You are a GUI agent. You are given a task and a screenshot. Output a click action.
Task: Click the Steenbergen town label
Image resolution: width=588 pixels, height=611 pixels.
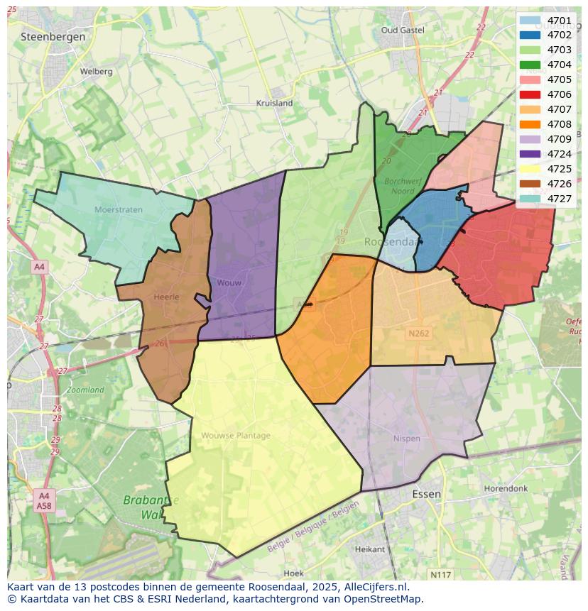click(x=53, y=36)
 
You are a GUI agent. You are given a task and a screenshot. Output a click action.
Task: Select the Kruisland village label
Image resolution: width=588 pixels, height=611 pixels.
click(x=274, y=103)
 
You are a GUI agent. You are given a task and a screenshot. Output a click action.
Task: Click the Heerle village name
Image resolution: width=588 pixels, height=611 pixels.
click(x=166, y=297)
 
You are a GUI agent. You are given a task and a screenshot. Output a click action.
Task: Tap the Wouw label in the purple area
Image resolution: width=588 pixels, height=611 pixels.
click(x=229, y=283)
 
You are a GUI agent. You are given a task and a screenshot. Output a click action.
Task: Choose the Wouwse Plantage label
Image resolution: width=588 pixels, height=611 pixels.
click(x=236, y=436)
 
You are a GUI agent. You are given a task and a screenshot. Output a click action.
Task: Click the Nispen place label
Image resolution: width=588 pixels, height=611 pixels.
click(x=407, y=439)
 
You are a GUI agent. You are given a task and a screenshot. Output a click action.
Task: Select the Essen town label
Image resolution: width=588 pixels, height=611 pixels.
click(x=426, y=494)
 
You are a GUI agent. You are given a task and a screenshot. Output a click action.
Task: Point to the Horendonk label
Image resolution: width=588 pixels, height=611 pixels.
click(x=506, y=489)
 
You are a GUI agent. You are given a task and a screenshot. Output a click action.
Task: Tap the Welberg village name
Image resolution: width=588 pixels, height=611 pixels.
click(x=96, y=72)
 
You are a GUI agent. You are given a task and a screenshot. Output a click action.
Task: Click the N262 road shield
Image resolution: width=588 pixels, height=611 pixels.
click(x=419, y=334)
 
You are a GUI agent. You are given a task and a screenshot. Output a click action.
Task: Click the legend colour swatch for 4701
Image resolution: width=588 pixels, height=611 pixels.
click(x=530, y=20)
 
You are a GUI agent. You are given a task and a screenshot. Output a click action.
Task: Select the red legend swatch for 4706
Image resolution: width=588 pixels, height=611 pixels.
click(x=530, y=94)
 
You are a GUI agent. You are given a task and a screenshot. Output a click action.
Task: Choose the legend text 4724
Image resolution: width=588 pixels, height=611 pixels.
click(x=560, y=154)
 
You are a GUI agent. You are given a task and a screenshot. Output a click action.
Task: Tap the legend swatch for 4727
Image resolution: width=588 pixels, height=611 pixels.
click(x=530, y=199)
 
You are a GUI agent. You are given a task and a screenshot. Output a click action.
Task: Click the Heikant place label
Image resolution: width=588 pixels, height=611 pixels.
click(x=370, y=549)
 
